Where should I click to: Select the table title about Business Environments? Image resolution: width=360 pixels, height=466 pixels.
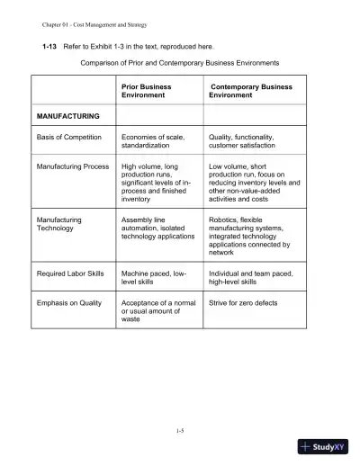click(x=180, y=62)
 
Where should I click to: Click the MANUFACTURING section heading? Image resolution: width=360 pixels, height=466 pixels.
click(x=67, y=116)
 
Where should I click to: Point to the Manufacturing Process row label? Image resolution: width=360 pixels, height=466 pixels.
click(x=72, y=167)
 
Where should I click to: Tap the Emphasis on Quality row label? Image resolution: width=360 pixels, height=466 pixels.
click(x=68, y=303)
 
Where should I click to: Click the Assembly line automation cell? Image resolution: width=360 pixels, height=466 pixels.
click(x=157, y=228)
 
